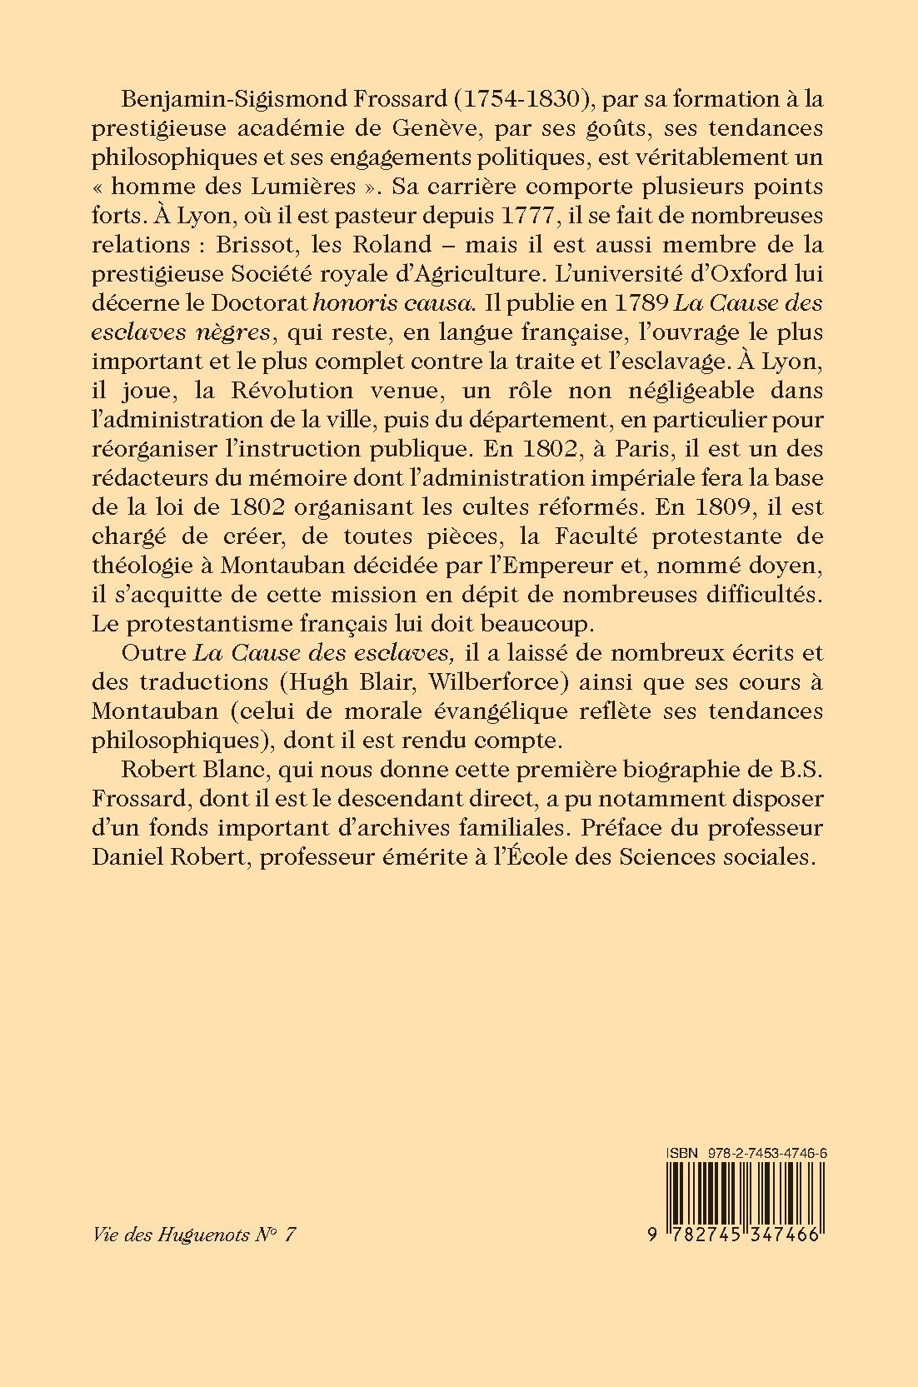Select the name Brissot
pos(252,245)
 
